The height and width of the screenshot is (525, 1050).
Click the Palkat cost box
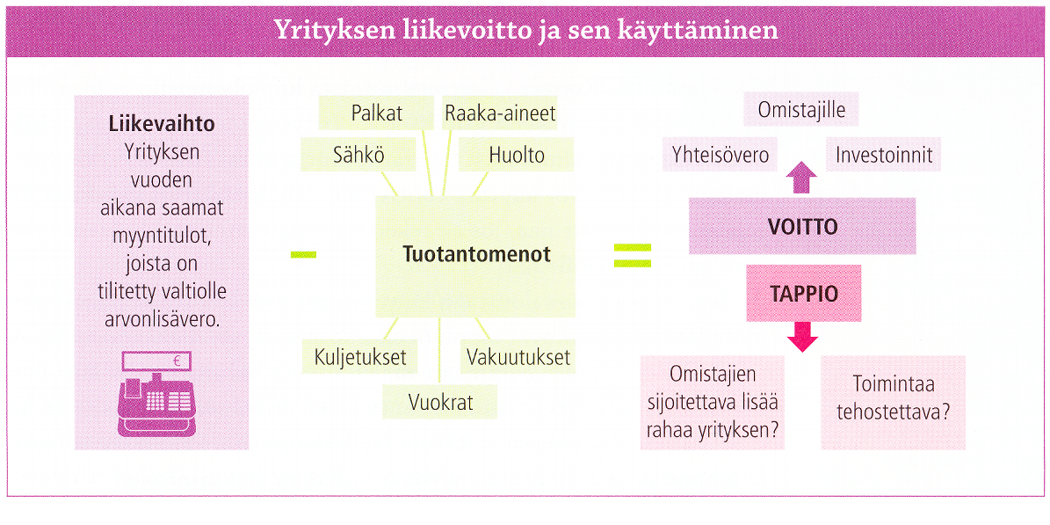tap(377, 113)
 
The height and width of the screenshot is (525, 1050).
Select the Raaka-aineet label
tap(500, 113)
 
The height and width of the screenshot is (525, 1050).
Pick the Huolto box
tap(517, 155)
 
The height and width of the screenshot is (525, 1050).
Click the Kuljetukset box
tap(360, 356)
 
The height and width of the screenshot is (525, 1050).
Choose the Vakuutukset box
tap(518, 356)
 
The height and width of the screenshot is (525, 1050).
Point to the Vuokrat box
tap(440, 402)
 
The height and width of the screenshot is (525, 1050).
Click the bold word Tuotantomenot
tap(476, 255)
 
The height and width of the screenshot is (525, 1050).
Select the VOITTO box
tap(802, 226)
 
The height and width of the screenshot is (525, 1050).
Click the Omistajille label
tap(801, 110)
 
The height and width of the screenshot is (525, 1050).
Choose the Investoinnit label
tap(883, 156)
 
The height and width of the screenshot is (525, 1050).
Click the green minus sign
tap(303, 254)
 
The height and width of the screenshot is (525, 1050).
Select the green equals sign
tap(633, 255)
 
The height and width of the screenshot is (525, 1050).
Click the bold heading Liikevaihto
tap(161, 126)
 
